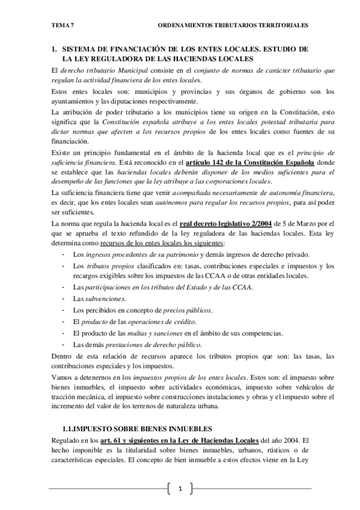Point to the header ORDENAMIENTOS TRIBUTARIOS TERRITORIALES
tap(233, 25)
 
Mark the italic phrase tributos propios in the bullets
tap(106, 265)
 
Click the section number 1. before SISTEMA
tap(54, 48)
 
